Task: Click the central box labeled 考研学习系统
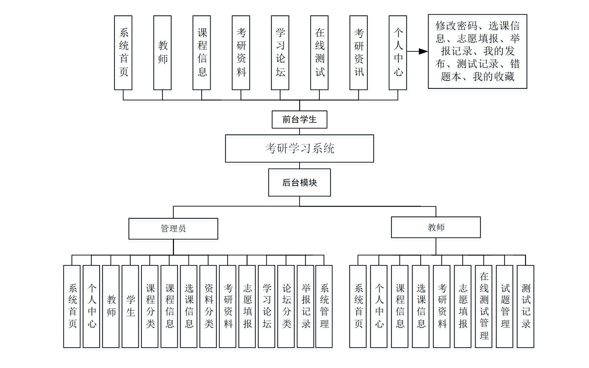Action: tap(300, 149)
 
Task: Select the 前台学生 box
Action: tap(300, 120)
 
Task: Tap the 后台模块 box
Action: tap(300, 182)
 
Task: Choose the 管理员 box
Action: tap(173, 228)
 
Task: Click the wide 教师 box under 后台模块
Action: tap(436, 227)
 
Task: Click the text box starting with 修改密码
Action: tap(477, 51)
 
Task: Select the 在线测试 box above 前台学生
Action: tap(319, 53)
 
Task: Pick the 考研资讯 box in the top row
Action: tap(359, 53)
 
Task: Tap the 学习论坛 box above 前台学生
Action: tap(280, 53)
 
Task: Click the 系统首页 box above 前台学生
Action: tap(123, 53)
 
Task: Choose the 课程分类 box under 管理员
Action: tap(150, 306)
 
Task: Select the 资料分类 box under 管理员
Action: tap(208, 306)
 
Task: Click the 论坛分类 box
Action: tap(286, 306)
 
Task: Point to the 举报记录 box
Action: tap(305, 306)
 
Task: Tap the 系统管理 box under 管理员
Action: tap(324, 306)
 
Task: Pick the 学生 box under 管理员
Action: tap(130, 306)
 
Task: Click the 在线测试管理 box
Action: tap(484, 306)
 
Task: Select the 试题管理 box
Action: tap(505, 306)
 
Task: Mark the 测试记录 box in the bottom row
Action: tap(526, 306)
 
